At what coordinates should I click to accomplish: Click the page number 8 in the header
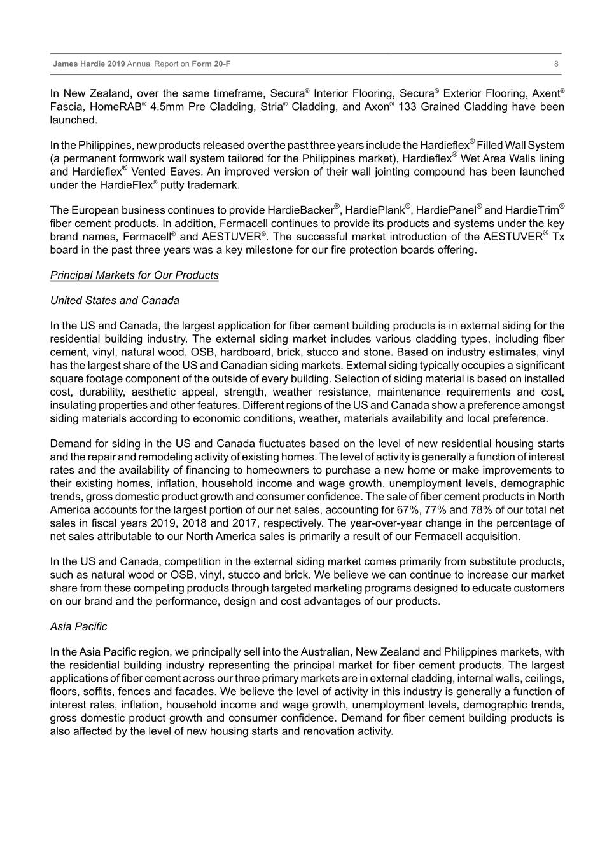[x=556, y=64]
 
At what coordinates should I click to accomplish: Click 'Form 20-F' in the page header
[x=211, y=64]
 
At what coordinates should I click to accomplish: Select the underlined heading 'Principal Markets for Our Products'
[x=134, y=275]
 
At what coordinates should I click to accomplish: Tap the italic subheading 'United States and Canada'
[x=115, y=301]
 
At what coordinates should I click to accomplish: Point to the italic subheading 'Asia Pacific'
[x=78, y=627]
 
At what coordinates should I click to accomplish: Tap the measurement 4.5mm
[x=167, y=107]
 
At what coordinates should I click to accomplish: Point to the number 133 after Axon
[x=408, y=107]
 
